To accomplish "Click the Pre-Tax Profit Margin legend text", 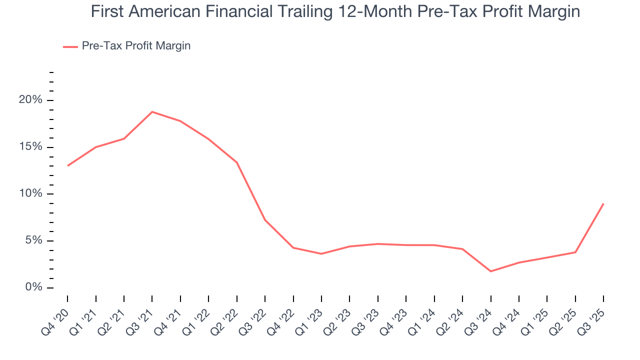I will pyautogui.click(x=136, y=46).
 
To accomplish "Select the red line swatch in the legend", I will pyautogui.click(x=70, y=46).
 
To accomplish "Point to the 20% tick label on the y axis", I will pyautogui.click(x=30, y=100).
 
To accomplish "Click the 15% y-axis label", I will pyautogui.click(x=30, y=147).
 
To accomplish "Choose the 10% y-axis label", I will pyautogui.click(x=30, y=194).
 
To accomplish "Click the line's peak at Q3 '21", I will pyautogui.click(x=152, y=111).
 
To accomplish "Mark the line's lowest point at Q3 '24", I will pyautogui.click(x=490, y=271).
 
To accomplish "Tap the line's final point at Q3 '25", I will pyautogui.click(x=603, y=203).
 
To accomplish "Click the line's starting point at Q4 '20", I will pyautogui.click(x=67, y=165).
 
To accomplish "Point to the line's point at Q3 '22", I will pyautogui.click(x=265, y=220).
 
